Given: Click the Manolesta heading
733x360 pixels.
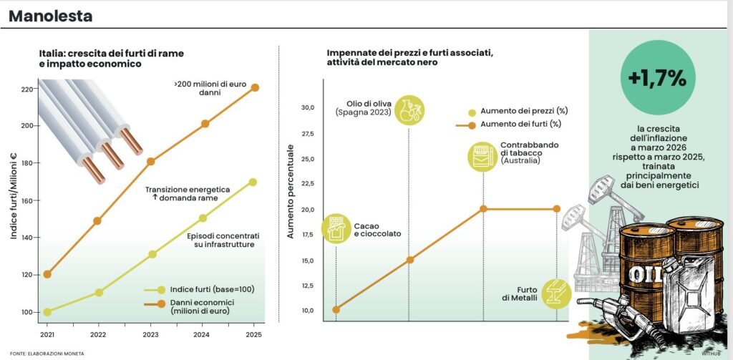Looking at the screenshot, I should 50,15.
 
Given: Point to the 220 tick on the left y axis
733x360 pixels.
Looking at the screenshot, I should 26,89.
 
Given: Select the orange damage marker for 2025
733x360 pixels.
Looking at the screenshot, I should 254,87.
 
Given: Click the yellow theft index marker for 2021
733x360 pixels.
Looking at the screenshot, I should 48,312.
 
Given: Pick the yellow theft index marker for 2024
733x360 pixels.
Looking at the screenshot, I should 203,218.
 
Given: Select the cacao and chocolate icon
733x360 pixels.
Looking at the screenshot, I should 336,229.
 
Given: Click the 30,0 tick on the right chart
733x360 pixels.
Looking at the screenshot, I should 308,108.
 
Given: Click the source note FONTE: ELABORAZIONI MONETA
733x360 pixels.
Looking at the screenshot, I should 43,354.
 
